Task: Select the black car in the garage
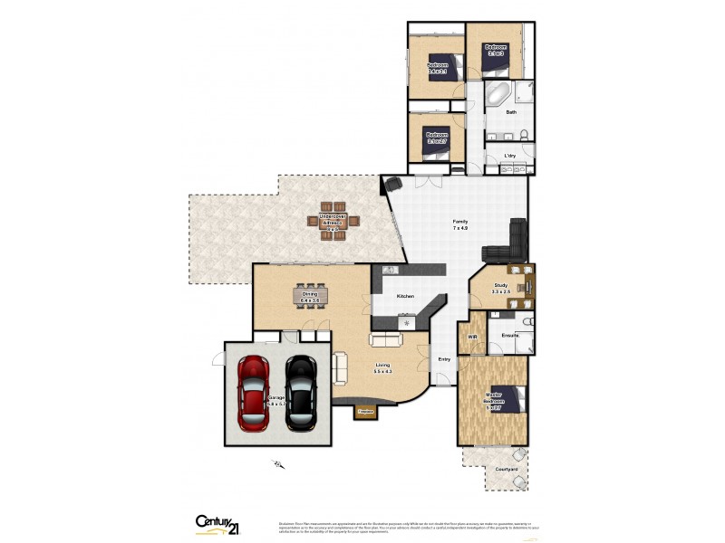300,392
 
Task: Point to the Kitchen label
405,297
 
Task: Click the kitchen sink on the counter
388,270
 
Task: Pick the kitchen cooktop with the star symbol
408,322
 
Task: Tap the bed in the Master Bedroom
508,398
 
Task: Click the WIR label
472,337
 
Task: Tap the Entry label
444,359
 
